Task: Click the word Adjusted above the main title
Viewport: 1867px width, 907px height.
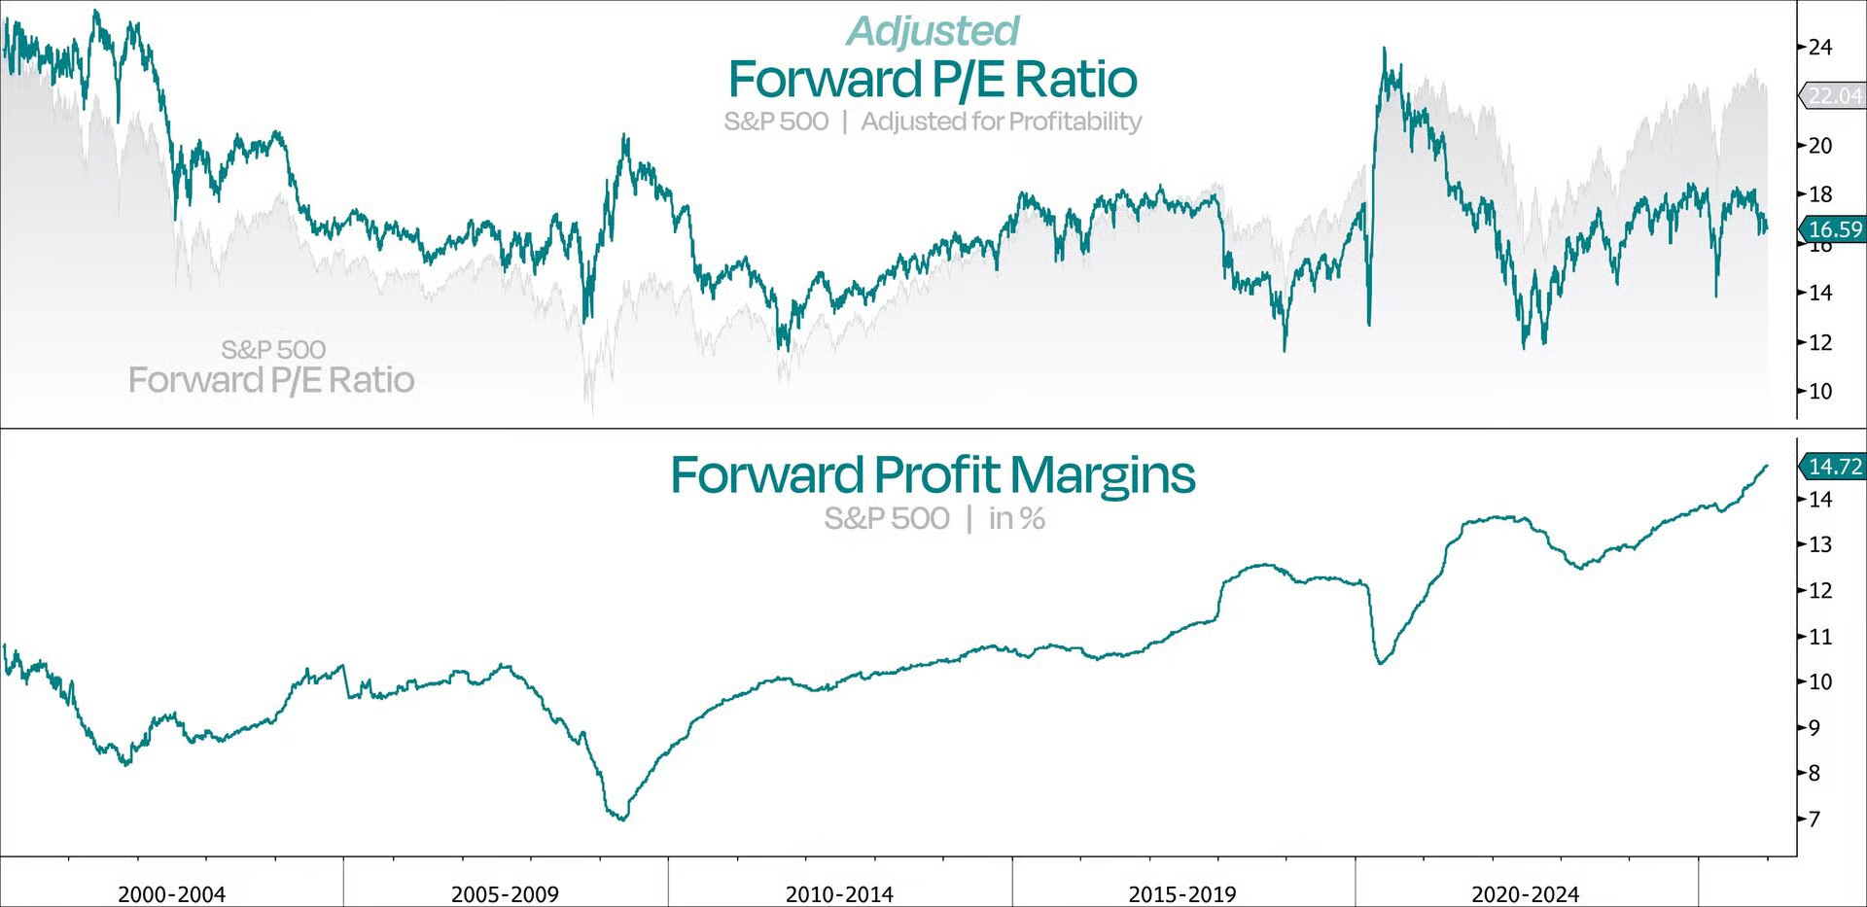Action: point(933,31)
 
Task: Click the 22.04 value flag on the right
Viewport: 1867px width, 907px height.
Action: point(1834,96)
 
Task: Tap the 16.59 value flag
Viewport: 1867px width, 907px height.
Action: point(1834,229)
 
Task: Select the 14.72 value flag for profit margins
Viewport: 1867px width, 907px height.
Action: point(1834,467)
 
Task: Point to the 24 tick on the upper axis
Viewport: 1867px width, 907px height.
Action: point(1819,47)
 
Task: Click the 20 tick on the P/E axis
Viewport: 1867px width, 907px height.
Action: point(1819,146)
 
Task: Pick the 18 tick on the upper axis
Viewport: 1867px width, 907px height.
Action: point(1819,194)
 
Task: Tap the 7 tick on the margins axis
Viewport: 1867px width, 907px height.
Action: point(1814,820)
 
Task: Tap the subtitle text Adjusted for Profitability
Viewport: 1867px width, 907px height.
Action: point(1001,122)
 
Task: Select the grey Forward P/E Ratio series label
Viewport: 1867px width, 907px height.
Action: point(271,380)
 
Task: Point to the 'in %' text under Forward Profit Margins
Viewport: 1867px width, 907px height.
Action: point(1016,519)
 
